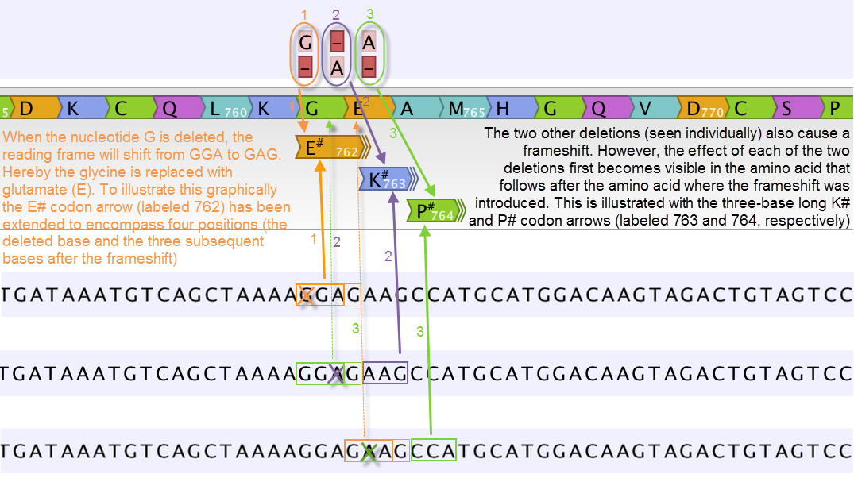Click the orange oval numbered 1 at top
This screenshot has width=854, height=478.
[305, 54]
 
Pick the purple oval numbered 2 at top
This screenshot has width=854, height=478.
[337, 54]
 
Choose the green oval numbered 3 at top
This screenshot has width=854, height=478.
[369, 54]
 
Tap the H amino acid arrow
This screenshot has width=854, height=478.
[508, 109]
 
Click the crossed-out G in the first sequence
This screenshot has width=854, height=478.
[304, 295]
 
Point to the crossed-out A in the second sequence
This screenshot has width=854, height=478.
[336, 372]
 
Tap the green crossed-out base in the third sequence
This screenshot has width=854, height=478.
[368, 451]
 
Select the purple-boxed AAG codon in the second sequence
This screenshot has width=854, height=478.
[385, 372]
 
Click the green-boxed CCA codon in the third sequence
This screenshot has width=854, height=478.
[434, 451]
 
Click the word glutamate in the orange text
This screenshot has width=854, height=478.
[34, 190]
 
